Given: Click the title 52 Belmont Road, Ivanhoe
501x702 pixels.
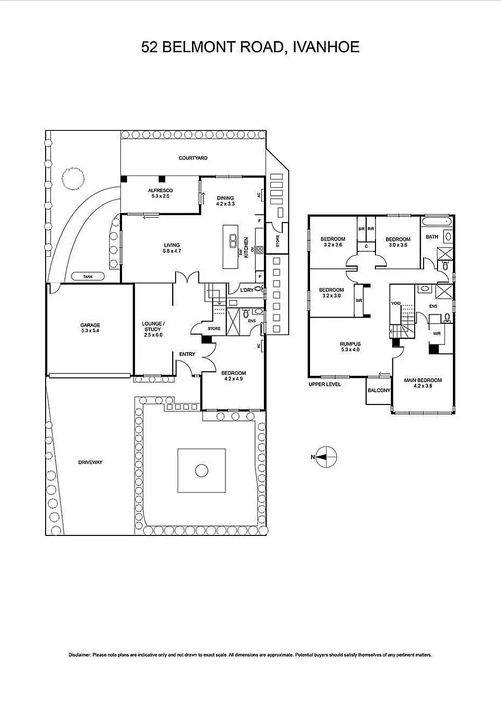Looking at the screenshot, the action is (x=250, y=47).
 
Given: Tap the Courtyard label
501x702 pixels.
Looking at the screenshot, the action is (x=193, y=158).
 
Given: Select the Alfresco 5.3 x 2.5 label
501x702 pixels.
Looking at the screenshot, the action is (x=160, y=193).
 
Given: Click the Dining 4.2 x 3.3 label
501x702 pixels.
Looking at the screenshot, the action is (x=225, y=201).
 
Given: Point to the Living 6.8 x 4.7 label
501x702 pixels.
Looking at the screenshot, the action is (x=172, y=248).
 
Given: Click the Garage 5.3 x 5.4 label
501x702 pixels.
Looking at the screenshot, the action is (x=90, y=328).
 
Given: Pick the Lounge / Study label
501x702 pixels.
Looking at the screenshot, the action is (x=153, y=329).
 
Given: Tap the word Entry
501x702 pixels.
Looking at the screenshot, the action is (x=187, y=354).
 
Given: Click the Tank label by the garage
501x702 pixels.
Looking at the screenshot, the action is (x=88, y=277).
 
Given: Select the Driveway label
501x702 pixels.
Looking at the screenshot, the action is (x=90, y=463).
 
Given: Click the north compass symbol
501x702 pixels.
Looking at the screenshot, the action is (x=326, y=457).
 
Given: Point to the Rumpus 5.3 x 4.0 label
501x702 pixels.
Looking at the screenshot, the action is (x=350, y=347).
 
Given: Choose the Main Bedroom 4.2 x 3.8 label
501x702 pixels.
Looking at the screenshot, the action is (x=423, y=383).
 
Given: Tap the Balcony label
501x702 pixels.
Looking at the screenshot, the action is (x=379, y=391).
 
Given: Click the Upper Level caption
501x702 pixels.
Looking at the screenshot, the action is (x=324, y=384).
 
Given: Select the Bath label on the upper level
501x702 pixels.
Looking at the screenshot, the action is (x=432, y=237).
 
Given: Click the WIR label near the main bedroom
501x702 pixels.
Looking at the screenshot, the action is (x=437, y=334).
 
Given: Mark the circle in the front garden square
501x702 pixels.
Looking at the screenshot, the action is (x=201, y=470).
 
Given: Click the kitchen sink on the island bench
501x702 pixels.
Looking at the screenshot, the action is (x=233, y=241).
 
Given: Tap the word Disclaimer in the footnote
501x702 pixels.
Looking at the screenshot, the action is (x=79, y=655).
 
